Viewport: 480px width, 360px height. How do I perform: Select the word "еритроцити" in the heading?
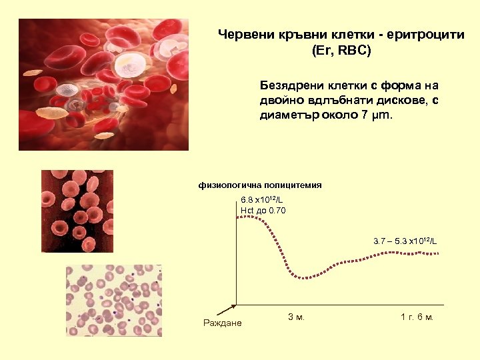(x=425, y=35)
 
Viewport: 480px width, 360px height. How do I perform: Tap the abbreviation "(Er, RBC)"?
(x=341, y=50)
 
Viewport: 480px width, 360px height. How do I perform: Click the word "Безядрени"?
(x=291, y=86)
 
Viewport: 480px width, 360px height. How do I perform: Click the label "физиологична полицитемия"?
(x=260, y=185)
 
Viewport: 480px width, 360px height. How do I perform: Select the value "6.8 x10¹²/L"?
(x=262, y=200)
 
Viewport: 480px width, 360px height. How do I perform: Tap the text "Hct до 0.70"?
(x=263, y=211)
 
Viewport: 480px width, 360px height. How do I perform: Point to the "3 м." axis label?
(x=296, y=317)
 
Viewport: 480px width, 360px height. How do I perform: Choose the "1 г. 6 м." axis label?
(x=417, y=317)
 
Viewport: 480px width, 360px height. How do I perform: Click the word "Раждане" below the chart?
(x=222, y=323)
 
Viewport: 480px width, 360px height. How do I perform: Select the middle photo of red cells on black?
(x=77, y=211)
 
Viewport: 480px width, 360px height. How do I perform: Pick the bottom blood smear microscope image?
(x=113, y=300)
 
